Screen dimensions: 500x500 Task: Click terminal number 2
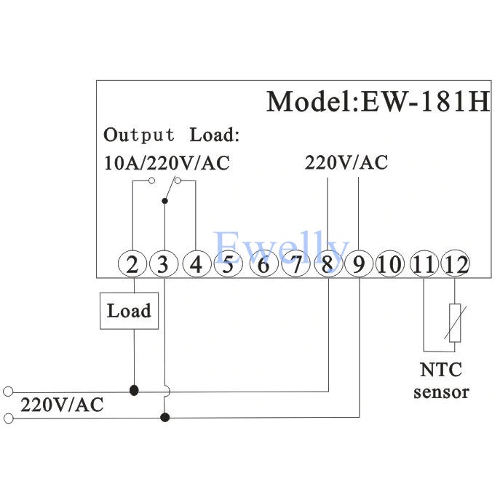click(x=132, y=263)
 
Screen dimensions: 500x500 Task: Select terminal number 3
click(x=164, y=263)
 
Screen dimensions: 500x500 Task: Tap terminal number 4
click(x=196, y=263)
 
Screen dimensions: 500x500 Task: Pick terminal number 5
click(x=228, y=263)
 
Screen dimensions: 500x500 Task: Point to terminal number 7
click(x=295, y=263)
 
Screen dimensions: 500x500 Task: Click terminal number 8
click(x=327, y=263)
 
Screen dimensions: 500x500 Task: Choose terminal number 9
click(x=359, y=263)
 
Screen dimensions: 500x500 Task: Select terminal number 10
click(x=391, y=263)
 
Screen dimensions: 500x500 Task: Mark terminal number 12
click(x=456, y=263)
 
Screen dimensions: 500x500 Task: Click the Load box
click(x=129, y=311)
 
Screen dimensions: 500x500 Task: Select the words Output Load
click(x=171, y=135)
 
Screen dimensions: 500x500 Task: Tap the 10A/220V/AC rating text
click(x=167, y=162)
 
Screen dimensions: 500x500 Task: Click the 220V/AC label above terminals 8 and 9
click(x=346, y=162)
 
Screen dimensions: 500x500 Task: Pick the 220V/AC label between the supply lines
click(x=62, y=405)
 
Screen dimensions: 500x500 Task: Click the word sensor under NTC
click(x=441, y=392)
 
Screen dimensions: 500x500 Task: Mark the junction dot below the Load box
click(x=133, y=391)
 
